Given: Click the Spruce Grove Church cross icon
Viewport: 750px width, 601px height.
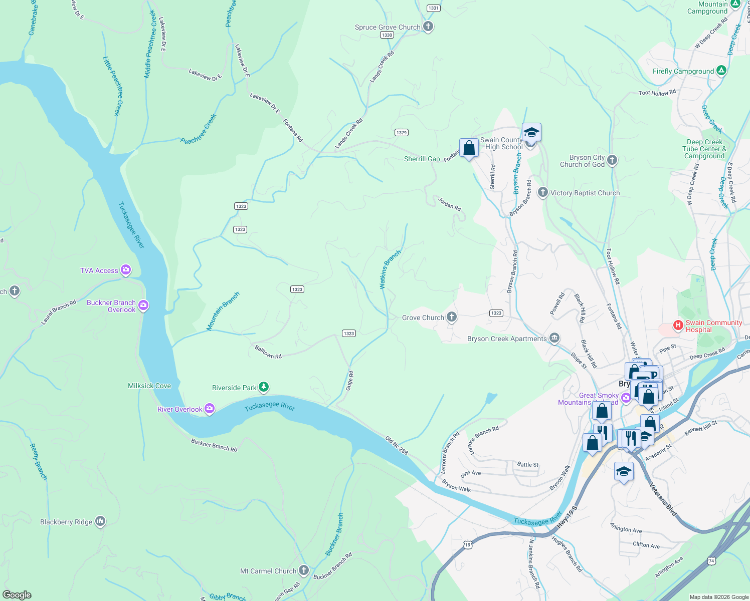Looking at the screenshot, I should coord(428,27).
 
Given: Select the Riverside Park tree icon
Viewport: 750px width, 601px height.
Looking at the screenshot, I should coord(264,387).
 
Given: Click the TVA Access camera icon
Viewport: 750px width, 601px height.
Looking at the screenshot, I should coord(126,270).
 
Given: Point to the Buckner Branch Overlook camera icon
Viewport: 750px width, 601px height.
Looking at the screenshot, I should coord(143,305).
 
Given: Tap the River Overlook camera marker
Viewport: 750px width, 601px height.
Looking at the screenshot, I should coord(210,409).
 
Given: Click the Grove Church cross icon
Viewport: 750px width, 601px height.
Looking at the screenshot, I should coord(452,317).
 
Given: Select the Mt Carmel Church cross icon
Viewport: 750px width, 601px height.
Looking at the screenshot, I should coord(304,570).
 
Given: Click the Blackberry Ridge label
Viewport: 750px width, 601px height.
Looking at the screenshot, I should coord(66,522).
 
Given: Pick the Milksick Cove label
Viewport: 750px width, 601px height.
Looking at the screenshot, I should coord(149,386).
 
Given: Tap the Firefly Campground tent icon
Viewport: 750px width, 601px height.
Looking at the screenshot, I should coord(721,71).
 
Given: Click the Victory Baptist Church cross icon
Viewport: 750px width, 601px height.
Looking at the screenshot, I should coord(542,192).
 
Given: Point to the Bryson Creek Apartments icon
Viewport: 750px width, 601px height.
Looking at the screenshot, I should coord(554,339).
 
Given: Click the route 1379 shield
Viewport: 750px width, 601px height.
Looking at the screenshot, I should coord(401,133).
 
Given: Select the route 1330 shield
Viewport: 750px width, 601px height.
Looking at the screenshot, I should coord(387,35).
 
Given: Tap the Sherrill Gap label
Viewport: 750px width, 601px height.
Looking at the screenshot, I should coord(422,159).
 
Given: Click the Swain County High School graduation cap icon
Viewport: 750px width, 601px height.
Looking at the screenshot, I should coord(531,133).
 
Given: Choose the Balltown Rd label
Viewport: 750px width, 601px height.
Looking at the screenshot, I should coord(268,352).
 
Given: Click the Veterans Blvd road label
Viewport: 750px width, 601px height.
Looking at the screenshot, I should coord(663,499).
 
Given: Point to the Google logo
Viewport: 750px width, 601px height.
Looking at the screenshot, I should coord(17,595).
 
